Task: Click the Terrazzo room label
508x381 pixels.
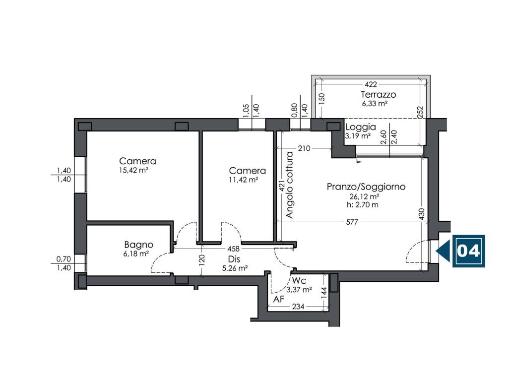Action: tap(379, 95)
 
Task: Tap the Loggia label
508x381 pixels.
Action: tap(361, 127)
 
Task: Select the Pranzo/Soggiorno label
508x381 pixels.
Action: tap(366, 187)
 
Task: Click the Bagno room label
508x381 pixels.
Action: tap(139, 245)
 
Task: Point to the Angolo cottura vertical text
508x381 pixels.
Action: tap(290, 185)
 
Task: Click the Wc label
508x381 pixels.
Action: tap(299, 280)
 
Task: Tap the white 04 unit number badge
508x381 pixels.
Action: tap(468, 251)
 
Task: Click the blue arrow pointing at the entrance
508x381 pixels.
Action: tap(443, 251)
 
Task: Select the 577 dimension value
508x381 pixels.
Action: tap(352, 222)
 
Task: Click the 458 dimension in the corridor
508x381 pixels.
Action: tap(233, 249)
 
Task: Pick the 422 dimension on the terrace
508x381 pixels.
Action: tap(371, 84)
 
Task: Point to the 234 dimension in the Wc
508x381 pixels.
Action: tap(298, 307)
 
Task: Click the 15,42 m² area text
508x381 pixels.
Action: tap(134, 170)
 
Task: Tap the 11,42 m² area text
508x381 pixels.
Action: tap(243, 180)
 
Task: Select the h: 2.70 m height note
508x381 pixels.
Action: tap(363, 205)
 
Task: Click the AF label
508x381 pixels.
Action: tap(279, 299)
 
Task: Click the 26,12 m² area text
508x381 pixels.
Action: tap(364, 196)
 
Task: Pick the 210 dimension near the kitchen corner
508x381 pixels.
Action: tap(304, 148)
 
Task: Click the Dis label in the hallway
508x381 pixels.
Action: tap(234, 259)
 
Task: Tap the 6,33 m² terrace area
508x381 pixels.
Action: tap(375, 104)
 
